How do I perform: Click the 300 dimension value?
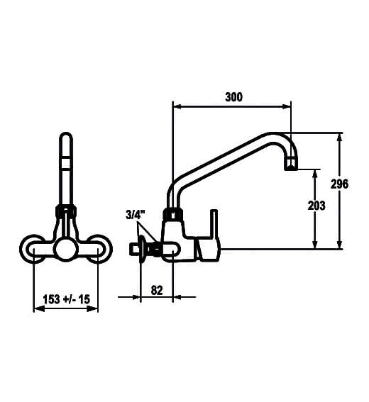tap(233, 97)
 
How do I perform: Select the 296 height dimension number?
tap(339, 184)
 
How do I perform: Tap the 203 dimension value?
tap(316, 206)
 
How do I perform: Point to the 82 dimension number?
tap(157, 290)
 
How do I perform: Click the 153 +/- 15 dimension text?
tap(67, 299)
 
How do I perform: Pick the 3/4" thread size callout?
tap(136, 215)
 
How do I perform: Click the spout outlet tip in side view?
tap(291, 164)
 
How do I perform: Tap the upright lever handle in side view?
tap(214, 223)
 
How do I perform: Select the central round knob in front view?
tap(67, 249)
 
